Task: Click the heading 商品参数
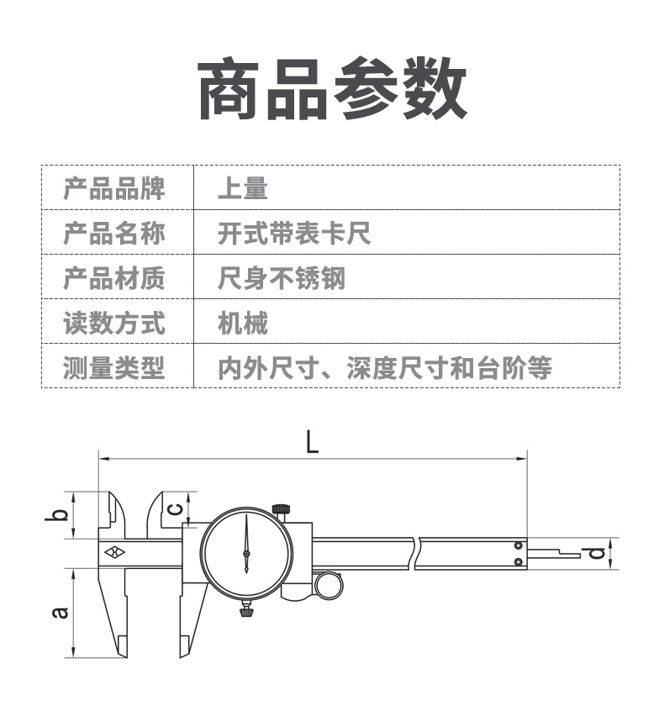pyautogui.click(x=332, y=88)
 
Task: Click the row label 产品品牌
pyautogui.click(x=114, y=187)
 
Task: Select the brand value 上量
pyautogui.click(x=243, y=187)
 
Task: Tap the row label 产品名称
pyautogui.click(x=114, y=233)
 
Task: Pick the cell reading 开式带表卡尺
pyautogui.click(x=294, y=233)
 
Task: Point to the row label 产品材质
pyautogui.click(x=114, y=277)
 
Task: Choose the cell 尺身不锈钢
pyautogui.click(x=282, y=277)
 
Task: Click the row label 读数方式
pyautogui.click(x=114, y=323)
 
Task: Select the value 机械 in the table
pyautogui.click(x=243, y=323)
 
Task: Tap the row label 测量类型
pyautogui.click(x=114, y=367)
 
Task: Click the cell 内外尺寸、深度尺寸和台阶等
pyautogui.click(x=385, y=367)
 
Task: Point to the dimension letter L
pyautogui.click(x=313, y=442)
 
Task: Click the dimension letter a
pyautogui.click(x=60, y=613)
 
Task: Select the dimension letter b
pyautogui.click(x=56, y=514)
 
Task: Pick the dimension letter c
pyautogui.click(x=176, y=508)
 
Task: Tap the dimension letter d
pyautogui.click(x=596, y=554)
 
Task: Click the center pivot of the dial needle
pyautogui.click(x=246, y=554)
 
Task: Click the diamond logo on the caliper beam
pyautogui.click(x=114, y=553)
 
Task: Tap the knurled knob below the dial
pyautogui.click(x=246, y=610)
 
